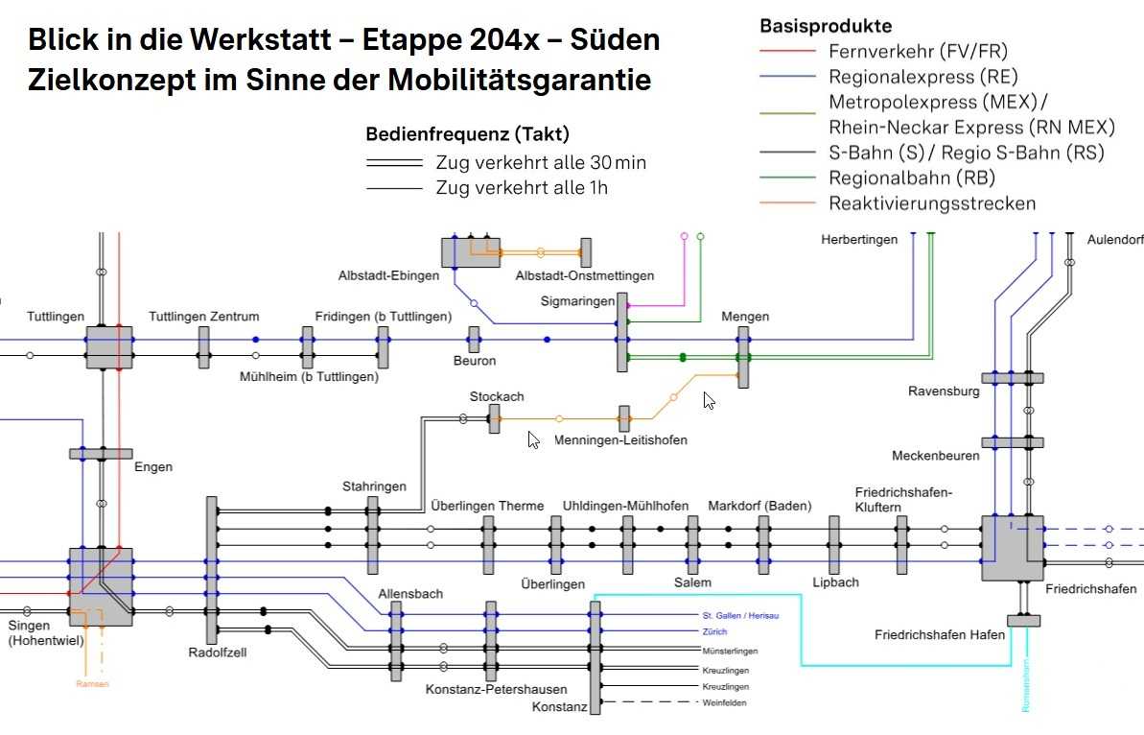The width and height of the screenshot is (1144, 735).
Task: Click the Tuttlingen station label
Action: click(56, 316)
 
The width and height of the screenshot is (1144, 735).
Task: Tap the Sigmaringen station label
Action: click(577, 301)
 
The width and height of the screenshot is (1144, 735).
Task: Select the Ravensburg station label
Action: click(944, 391)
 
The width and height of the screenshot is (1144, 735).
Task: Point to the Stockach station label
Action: click(497, 396)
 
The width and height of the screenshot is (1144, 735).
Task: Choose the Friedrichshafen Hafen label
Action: click(940, 634)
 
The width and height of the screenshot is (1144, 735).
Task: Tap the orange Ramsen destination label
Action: click(93, 684)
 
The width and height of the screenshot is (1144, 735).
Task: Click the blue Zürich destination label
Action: click(714, 632)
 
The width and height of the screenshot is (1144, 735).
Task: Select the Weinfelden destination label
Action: click(724, 703)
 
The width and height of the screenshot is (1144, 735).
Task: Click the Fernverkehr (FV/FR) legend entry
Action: click(918, 51)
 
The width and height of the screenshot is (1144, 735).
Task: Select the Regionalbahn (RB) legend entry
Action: click(912, 178)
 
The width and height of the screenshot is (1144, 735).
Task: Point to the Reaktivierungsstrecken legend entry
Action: click(932, 203)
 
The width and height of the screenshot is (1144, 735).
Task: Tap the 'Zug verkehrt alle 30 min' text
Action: click(541, 162)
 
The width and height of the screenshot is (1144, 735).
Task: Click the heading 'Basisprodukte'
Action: click(826, 26)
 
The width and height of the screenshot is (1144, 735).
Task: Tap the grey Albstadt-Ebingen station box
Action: click(470, 251)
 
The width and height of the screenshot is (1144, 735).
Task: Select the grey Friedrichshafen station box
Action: click(1012, 548)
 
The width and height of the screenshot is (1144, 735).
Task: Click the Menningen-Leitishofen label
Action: click(620, 440)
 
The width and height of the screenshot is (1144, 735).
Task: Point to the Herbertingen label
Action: click(859, 239)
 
